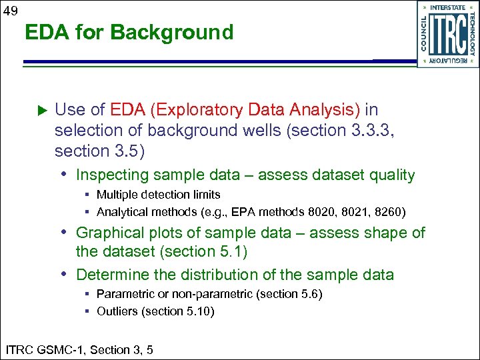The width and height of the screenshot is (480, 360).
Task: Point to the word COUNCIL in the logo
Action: tap(425, 34)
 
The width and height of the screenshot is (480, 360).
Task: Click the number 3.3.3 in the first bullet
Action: tap(371, 130)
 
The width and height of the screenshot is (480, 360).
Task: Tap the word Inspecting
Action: tap(114, 175)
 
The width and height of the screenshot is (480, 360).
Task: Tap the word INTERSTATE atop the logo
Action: tap(447, 7)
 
